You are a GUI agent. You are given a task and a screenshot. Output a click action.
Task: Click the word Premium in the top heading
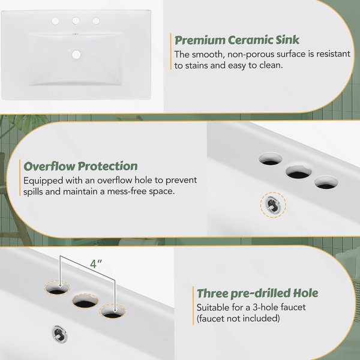200,40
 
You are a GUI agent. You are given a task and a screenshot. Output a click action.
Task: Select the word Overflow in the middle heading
49,166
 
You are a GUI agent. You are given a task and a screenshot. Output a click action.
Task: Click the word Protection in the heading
107,166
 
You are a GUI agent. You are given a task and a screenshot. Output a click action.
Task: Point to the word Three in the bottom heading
212,293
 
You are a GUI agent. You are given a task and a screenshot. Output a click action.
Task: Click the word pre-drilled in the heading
257,293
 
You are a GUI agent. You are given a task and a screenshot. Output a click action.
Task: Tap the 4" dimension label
95,264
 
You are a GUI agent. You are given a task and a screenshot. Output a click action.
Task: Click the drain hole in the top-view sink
76,55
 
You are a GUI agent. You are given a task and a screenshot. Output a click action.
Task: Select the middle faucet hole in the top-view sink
76,21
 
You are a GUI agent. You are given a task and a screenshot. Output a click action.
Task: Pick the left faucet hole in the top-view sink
55,21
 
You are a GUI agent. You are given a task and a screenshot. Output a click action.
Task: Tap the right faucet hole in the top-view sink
96,21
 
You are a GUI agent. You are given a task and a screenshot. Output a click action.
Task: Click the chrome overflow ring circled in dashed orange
273,205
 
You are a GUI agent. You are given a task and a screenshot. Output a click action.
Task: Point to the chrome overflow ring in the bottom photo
59,334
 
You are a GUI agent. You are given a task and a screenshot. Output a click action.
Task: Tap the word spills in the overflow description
33,192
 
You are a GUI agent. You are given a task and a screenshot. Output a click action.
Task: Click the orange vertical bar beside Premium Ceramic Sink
171,52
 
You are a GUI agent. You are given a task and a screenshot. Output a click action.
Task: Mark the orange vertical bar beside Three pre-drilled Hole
193,305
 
